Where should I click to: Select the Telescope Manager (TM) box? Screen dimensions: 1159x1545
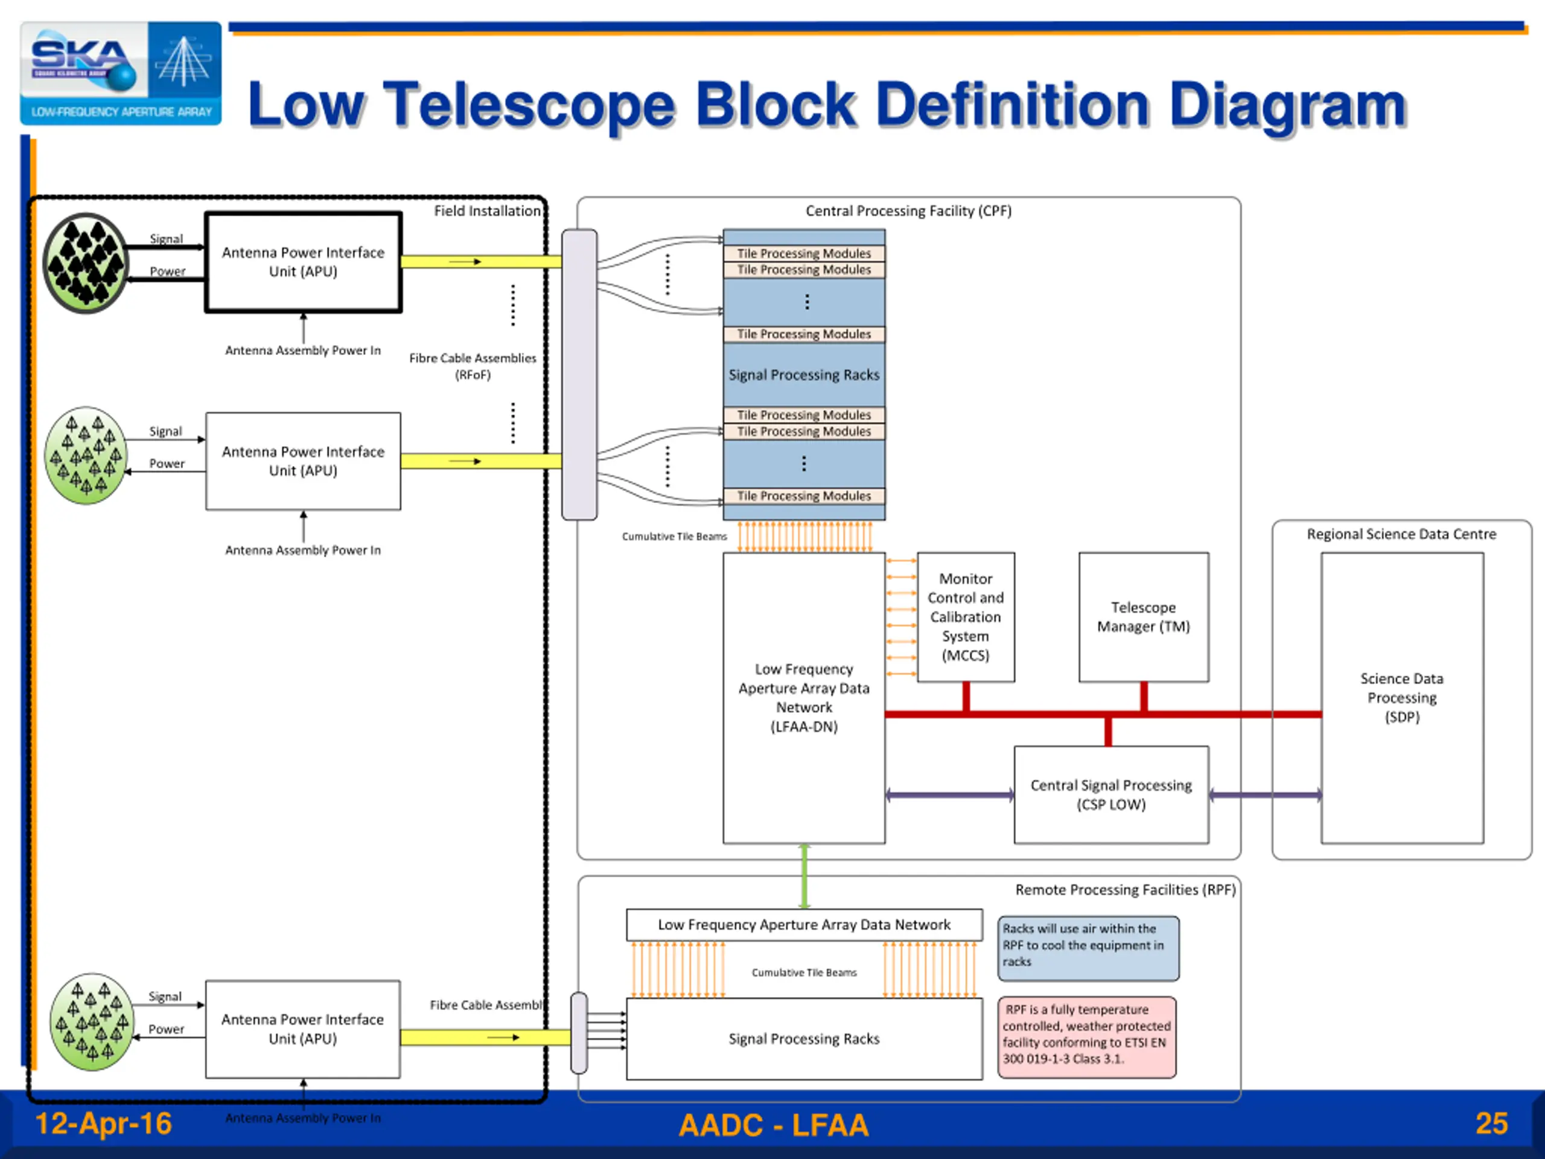(x=1144, y=617)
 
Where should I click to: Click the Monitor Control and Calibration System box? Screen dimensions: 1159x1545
(x=965, y=617)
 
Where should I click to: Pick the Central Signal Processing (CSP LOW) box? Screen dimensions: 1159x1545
(x=1110, y=794)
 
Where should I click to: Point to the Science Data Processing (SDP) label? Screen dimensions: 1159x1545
(x=1401, y=697)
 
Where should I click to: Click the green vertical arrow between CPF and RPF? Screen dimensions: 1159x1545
(x=804, y=876)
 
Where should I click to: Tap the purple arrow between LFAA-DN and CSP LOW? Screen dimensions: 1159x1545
(x=949, y=794)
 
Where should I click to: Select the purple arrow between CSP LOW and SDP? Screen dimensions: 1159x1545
(x=1265, y=794)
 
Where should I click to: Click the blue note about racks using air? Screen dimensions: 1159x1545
(x=1088, y=947)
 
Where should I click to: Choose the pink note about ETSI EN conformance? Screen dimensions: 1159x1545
(x=1087, y=1036)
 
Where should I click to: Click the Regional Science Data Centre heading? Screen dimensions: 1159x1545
(x=1401, y=534)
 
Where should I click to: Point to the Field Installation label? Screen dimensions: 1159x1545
(x=487, y=211)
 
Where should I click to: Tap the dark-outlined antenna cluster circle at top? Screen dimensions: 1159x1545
(x=86, y=263)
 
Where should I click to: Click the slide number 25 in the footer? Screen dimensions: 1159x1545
(x=1491, y=1124)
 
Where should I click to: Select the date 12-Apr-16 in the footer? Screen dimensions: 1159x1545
(x=103, y=1124)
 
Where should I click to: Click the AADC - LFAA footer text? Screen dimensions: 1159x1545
(x=774, y=1125)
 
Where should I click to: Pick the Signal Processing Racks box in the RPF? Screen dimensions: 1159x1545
(x=804, y=1039)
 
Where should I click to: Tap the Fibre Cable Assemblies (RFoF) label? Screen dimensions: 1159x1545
(x=473, y=366)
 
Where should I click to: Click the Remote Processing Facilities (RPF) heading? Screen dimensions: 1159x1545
(x=1125, y=890)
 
